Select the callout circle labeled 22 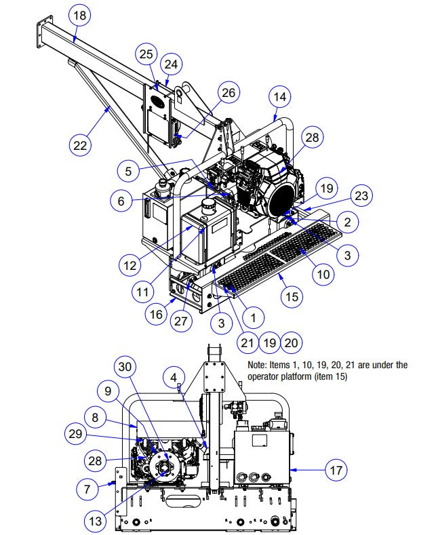point(81,145)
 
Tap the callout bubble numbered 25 point(146,53)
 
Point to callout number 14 point(279,97)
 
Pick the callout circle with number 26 point(229,93)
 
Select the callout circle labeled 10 point(323,274)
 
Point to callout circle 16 point(157,314)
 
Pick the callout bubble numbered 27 point(180,321)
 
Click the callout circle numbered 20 point(292,343)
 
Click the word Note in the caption point(260,365)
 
